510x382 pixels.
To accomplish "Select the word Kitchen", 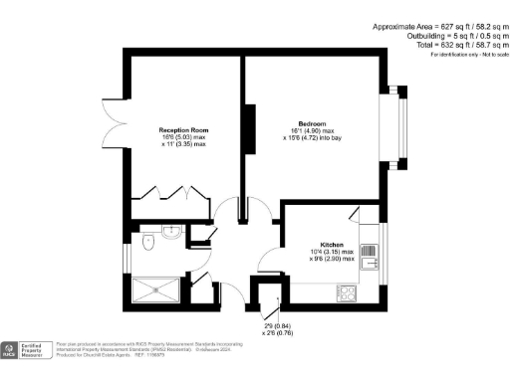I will coord(332,244).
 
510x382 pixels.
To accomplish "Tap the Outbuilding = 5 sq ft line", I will coord(439,37).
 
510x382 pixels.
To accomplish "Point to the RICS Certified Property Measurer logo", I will coord(24,350).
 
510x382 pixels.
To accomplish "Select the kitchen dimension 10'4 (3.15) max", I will coord(332,252).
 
